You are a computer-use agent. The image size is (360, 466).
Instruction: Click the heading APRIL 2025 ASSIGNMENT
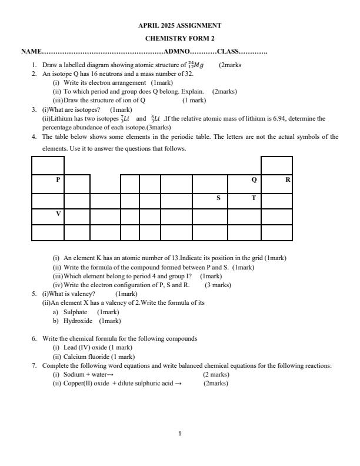[x=180, y=26]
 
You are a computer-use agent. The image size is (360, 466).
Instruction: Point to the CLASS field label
[x=228, y=52]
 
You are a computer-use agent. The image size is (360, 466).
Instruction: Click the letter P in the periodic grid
[x=58, y=179]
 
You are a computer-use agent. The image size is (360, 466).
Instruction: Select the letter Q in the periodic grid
[x=254, y=179]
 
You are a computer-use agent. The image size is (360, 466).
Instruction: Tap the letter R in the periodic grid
[x=288, y=179]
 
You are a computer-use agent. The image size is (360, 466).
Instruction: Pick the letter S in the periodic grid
[x=218, y=198]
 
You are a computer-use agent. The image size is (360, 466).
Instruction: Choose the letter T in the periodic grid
[x=254, y=198]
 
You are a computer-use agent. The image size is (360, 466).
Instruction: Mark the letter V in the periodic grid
[x=58, y=214]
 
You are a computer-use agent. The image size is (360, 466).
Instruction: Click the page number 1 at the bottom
[x=180, y=434]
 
